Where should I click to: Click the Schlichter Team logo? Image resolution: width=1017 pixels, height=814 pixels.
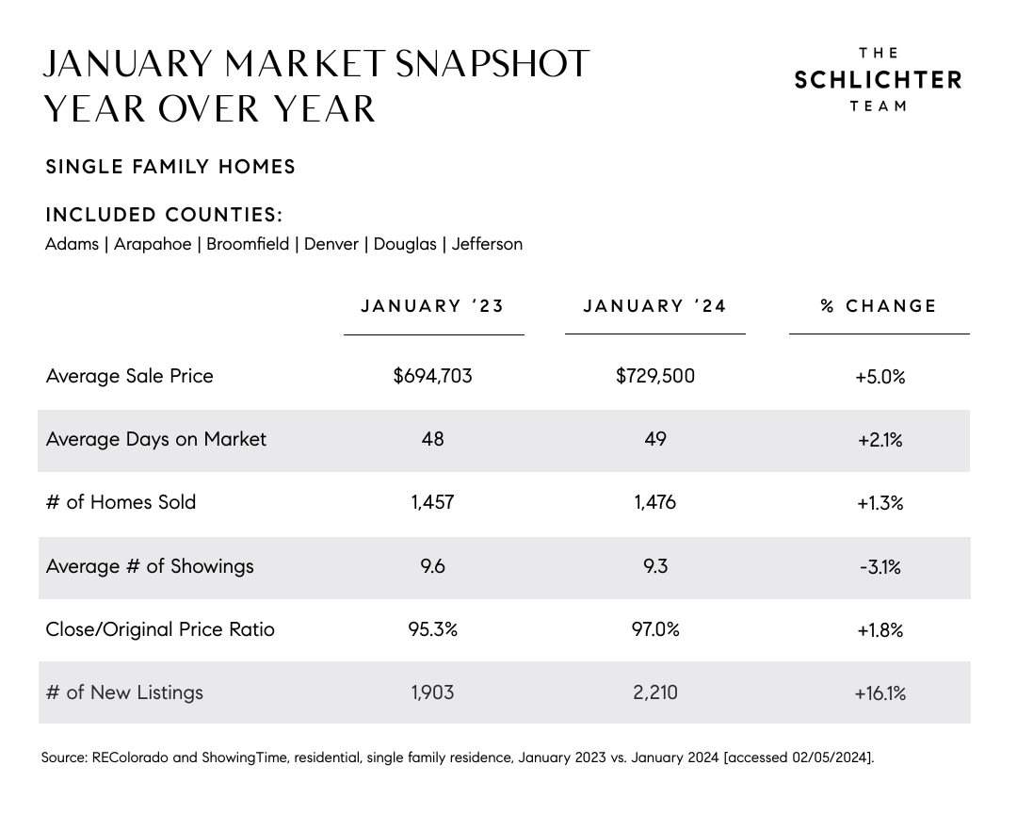(x=878, y=80)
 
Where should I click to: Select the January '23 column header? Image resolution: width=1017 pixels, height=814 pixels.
(x=432, y=306)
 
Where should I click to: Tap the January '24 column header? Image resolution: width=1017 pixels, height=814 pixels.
(x=654, y=306)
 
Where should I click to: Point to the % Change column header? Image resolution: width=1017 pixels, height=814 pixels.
(x=879, y=306)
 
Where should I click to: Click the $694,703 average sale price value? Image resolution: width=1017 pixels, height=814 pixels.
(x=432, y=376)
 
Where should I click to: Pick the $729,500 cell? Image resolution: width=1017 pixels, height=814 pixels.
(x=655, y=376)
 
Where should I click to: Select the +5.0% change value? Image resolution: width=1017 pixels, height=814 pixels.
(x=880, y=377)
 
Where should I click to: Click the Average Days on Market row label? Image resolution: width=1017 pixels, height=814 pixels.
(x=156, y=439)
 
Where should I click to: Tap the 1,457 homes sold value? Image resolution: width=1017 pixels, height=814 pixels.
(x=432, y=502)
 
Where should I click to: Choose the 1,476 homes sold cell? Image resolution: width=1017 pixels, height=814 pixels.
(x=655, y=502)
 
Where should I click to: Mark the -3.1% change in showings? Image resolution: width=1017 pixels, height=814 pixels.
(x=880, y=567)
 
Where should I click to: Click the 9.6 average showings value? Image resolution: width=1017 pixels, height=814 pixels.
(x=432, y=566)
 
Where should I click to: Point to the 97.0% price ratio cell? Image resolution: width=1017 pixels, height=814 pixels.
(x=655, y=629)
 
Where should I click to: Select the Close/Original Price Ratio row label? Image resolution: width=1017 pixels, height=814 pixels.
(x=160, y=629)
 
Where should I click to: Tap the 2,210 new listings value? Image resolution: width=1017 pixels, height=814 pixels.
(x=655, y=693)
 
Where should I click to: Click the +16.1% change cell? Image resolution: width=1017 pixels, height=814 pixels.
(x=880, y=694)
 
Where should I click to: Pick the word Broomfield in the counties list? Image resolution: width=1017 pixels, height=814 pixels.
(x=248, y=244)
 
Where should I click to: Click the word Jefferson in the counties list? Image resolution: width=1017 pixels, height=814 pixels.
(x=487, y=244)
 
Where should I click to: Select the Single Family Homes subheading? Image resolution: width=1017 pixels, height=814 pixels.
(x=170, y=168)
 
